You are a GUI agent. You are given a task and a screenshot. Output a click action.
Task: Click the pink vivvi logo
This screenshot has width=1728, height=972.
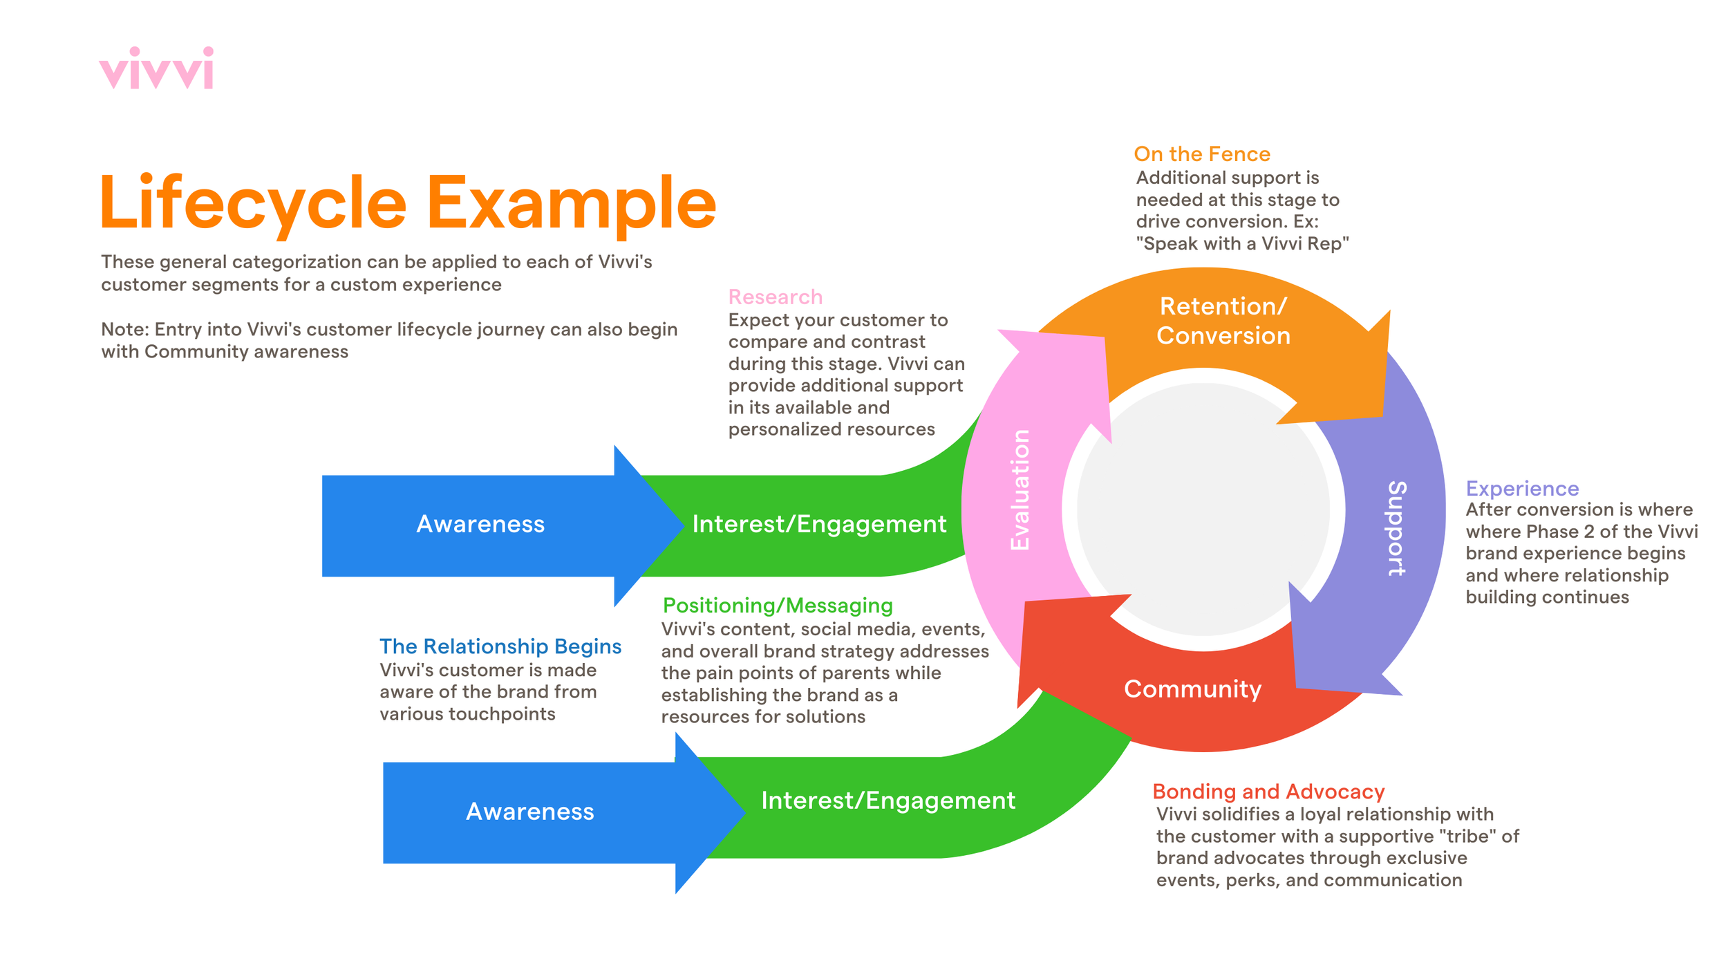[x=156, y=68]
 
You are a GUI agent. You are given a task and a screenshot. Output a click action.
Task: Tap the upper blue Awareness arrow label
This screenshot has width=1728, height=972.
[x=480, y=524]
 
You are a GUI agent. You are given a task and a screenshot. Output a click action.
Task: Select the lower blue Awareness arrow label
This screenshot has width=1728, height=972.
[x=529, y=812]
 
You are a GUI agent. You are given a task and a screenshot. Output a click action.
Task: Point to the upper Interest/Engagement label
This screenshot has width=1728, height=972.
[x=819, y=524]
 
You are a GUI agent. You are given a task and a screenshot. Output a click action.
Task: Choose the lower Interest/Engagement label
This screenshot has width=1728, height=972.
[x=888, y=801]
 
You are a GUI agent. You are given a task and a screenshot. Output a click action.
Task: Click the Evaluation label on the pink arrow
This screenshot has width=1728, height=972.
[x=1020, y=489]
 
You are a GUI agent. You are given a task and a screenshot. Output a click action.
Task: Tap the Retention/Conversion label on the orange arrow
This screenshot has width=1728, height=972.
[x=1223, y=321]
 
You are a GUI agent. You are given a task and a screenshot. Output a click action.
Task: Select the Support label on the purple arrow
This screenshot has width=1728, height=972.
[x=1397, y=528]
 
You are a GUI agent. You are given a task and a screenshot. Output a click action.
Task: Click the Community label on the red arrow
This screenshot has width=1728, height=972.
[x=1193, y=689]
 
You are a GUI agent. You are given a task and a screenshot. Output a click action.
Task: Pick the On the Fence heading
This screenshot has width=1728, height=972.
[x=1202, y=154]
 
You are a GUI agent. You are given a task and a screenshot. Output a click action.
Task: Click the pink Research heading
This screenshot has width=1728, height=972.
[x=776, y=297]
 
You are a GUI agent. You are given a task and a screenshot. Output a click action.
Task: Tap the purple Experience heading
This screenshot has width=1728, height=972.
[x=1522, y=489]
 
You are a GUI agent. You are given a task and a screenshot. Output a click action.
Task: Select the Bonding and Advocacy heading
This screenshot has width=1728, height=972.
[x=1268, y=792]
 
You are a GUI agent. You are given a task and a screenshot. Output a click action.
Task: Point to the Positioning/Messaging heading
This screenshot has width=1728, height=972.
[x=778, y=606]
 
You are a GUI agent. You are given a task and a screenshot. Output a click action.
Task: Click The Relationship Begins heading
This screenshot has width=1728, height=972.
[x=500, y=646]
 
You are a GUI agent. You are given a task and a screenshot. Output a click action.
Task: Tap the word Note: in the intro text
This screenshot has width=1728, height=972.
[x=125, y=330]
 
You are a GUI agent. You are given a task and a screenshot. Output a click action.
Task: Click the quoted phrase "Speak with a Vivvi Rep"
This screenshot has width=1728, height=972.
[x=1242, y=244]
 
